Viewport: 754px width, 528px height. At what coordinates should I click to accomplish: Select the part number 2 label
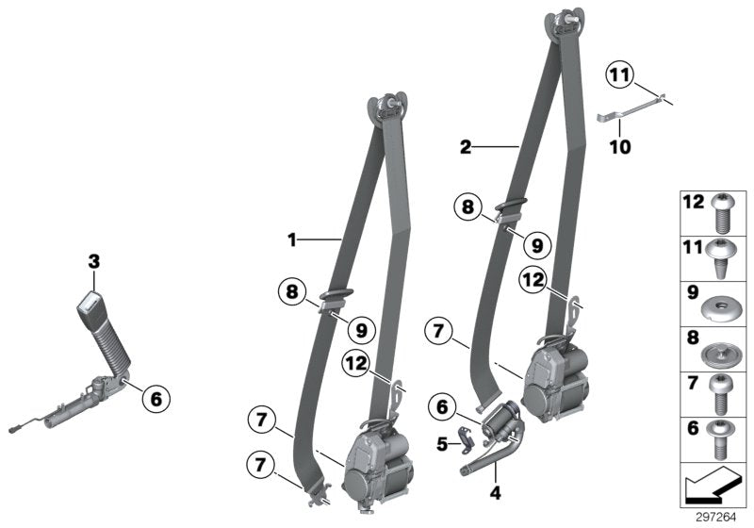[x=464, y=147]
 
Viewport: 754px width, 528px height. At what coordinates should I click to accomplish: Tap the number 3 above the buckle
[x=94, y=260]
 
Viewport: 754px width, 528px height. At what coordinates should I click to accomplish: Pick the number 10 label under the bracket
[x=620, y=147]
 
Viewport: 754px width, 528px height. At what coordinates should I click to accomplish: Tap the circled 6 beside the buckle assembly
[x=156, y=400]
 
